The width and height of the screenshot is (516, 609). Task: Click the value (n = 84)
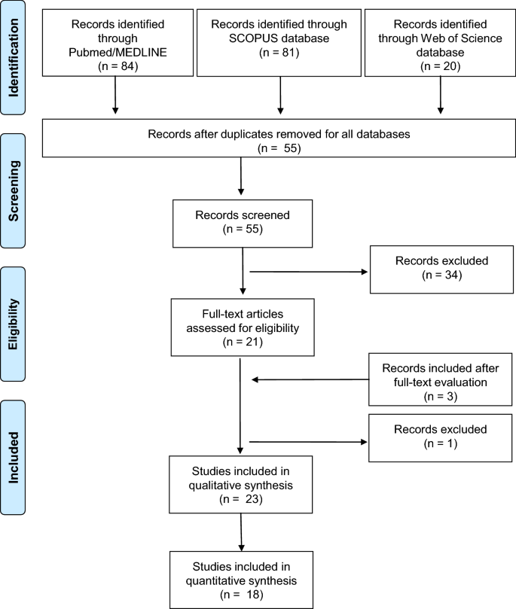114,65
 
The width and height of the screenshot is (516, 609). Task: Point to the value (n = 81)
279,53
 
